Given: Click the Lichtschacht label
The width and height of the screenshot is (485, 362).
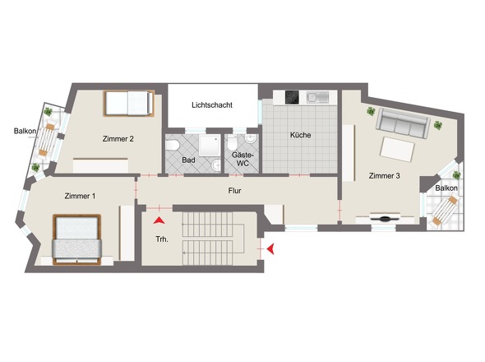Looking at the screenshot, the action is pyautogui.click(x=212, y=105).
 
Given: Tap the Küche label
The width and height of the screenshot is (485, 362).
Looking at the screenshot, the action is pyautogui.click(x=300, y=135).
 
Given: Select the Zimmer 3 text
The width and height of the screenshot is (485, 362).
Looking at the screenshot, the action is pyautogui.click(x=384, y=176).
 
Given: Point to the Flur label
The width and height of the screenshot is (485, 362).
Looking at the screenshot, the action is pyautogui.click(x=234, y=191).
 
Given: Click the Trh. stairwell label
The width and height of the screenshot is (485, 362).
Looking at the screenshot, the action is pyautogui.click(x=162, y=239).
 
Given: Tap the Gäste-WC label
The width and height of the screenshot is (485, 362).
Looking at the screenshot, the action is pyautogui.click(x=242, y=159).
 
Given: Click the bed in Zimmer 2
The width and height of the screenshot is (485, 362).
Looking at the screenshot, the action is pyautogui.click(x=129, y=103).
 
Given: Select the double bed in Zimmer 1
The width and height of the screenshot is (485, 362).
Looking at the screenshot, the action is pyautogui.click(x=77, y=239).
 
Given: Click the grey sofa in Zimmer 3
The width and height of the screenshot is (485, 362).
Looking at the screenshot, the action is pyautogui.click(x=403, y=123).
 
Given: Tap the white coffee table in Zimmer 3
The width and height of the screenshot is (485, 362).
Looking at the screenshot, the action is pyautogui.click(x=398, y=149).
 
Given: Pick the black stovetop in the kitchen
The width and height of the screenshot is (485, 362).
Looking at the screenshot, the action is pyautogui.click(x=292, y=97).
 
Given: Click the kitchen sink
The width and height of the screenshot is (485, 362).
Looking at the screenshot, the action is pyautogui.click(x=317, y=97).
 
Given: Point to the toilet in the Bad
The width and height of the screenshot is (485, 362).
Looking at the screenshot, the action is pyautogui.click(x=172, y=145).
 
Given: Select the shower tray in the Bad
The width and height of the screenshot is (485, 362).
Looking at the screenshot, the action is pyautogui.click(x=210, y=146).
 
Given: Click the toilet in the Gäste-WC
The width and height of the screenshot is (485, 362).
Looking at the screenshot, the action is pyautogui.click(x=232, y=143).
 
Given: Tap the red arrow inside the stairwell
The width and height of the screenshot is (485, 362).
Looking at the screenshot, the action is pyautogui.click(x=159, y=220).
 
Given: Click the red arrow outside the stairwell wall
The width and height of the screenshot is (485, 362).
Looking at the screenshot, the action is pyautogui.click(x=270, y=249).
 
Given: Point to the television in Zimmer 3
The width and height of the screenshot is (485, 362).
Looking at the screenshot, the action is pyautogui.click(x=385, y=216).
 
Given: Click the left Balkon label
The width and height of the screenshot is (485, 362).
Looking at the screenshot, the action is pyautogui.click(x=25, y=131).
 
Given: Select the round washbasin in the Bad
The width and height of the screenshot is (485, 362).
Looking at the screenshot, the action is pyautogui.click(x=216, y=165).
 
